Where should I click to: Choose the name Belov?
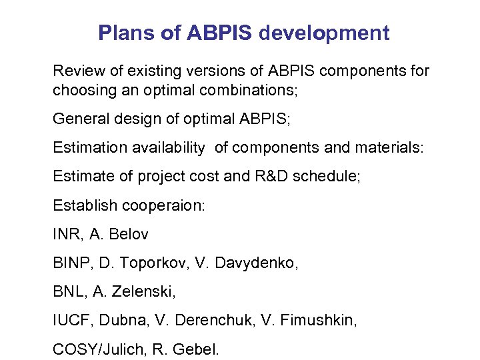tap(129, 235)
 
